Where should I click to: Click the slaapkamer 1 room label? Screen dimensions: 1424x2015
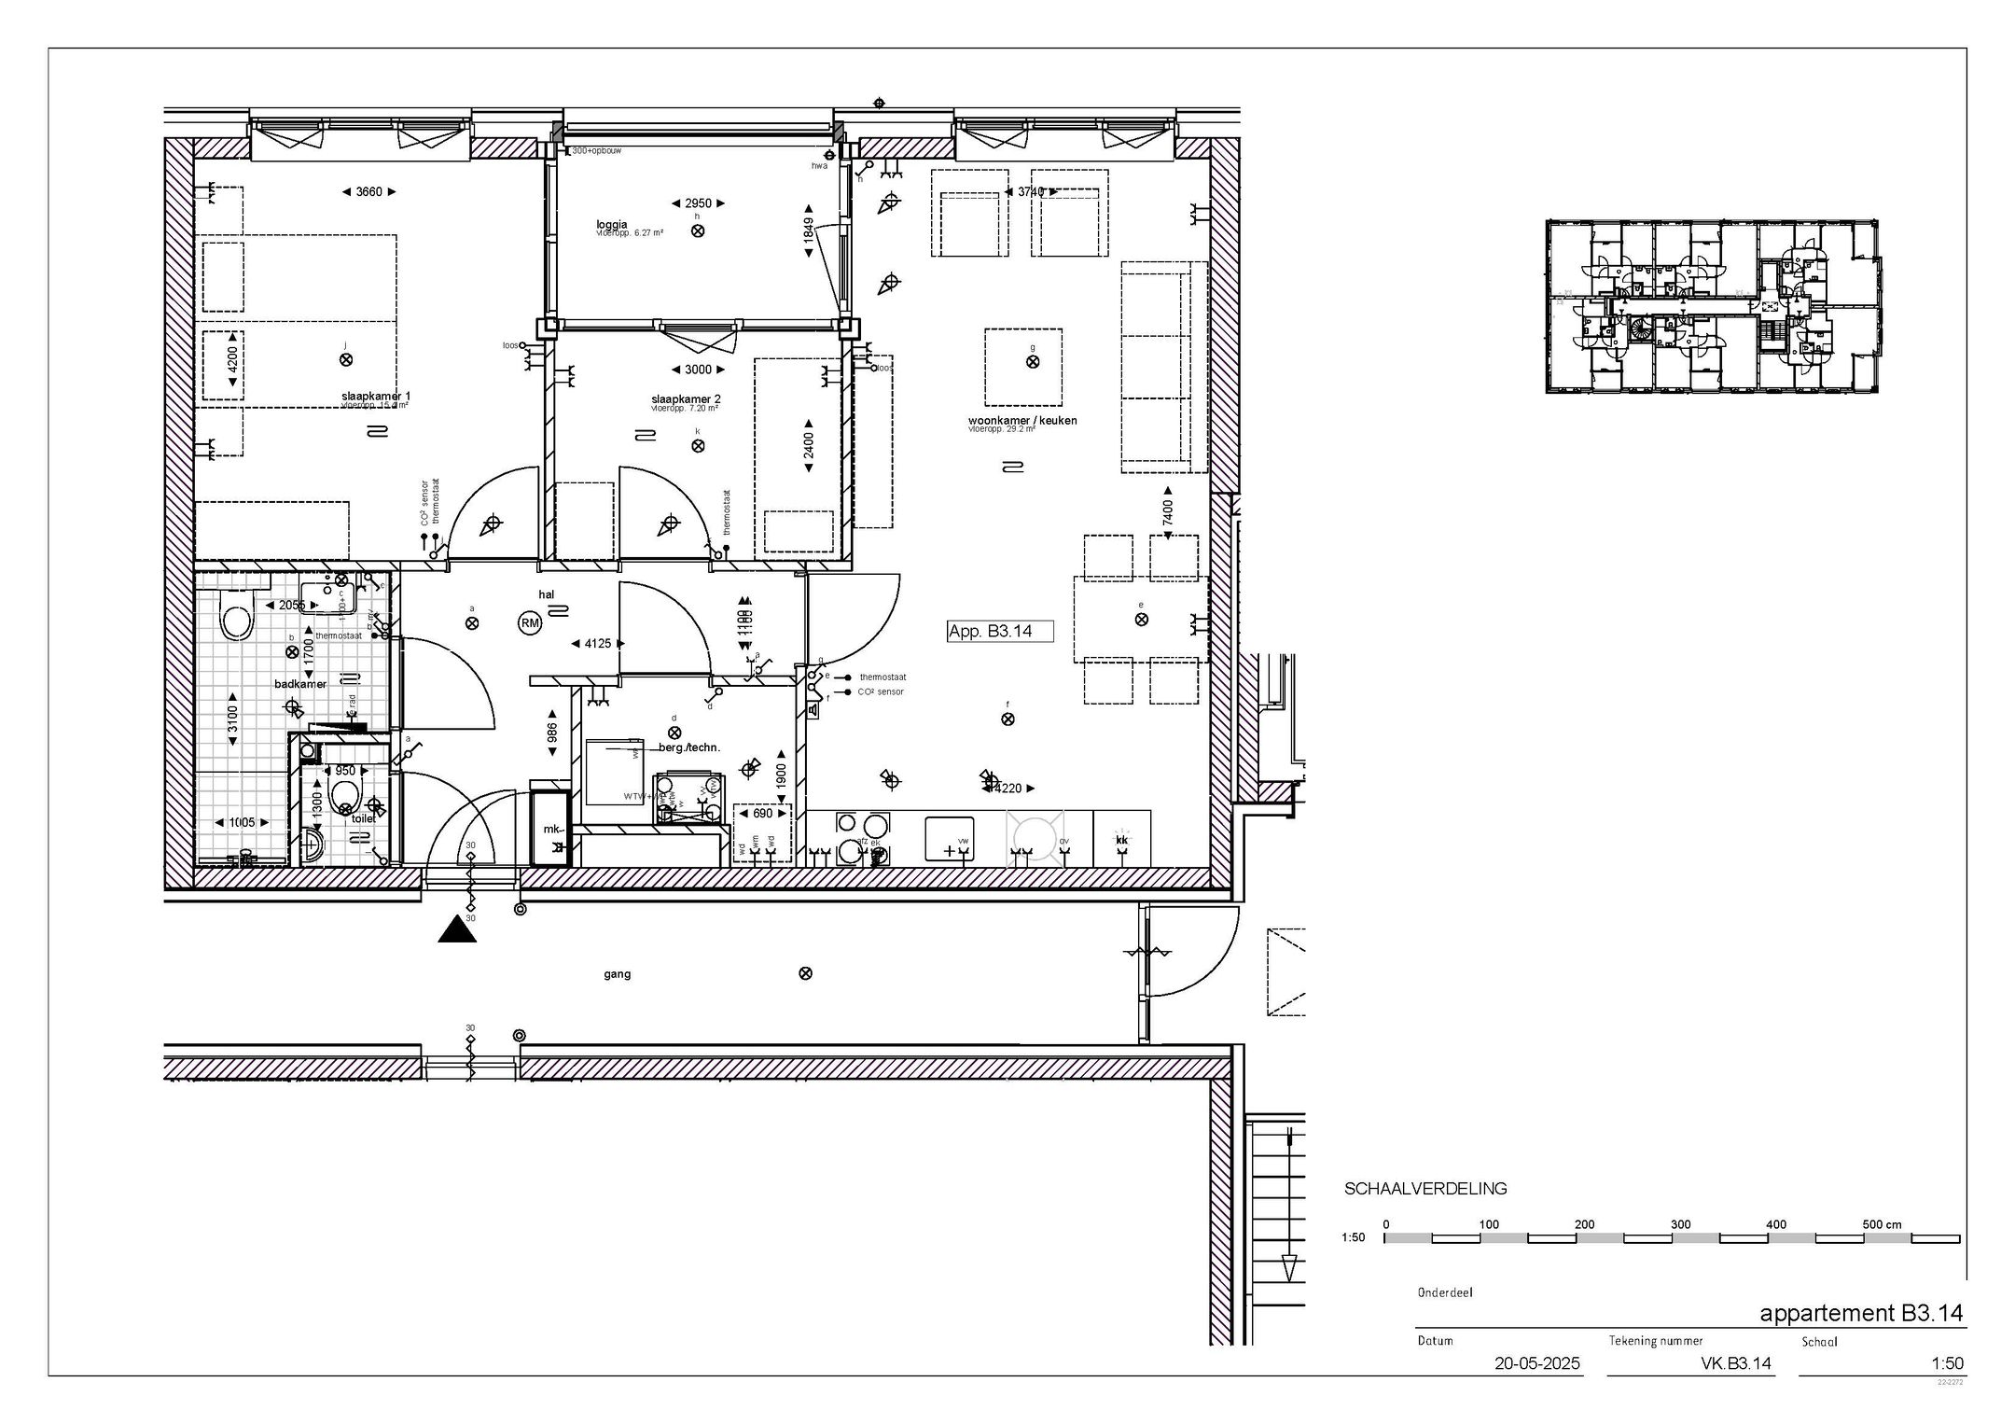click(x=375, y=397)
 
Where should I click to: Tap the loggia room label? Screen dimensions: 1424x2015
click(x=612, y=225)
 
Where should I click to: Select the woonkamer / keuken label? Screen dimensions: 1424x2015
click(x=1022, y=421)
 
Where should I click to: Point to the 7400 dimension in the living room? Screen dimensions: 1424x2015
click(x=1167, y=512)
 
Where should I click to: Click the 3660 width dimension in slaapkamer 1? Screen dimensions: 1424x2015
click(x=368, y=192)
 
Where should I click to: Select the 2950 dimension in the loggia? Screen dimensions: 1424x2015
click(x=698, y=203)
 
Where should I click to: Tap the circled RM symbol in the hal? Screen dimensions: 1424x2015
click(x=530, y=624)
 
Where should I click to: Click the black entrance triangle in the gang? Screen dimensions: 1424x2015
click(x=457, y=929)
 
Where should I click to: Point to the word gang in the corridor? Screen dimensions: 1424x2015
click(x=617, y=974)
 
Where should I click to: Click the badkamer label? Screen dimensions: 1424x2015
click(x=300, y=684)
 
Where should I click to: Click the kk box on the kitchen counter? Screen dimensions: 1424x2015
click(x=1122, y=841)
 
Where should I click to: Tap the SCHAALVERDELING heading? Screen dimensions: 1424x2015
click(x=1424, y=1190)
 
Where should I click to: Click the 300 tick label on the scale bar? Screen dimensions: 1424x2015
click(x=1680, y=1224)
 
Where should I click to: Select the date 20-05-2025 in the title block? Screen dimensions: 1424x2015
click(x=1537, y=1363)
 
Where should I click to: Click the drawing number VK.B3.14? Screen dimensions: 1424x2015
click(x=1735, y=1363)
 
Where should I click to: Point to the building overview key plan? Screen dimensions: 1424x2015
click(x=1711, y=306)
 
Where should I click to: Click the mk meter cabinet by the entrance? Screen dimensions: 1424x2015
click(x=550, y=829)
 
